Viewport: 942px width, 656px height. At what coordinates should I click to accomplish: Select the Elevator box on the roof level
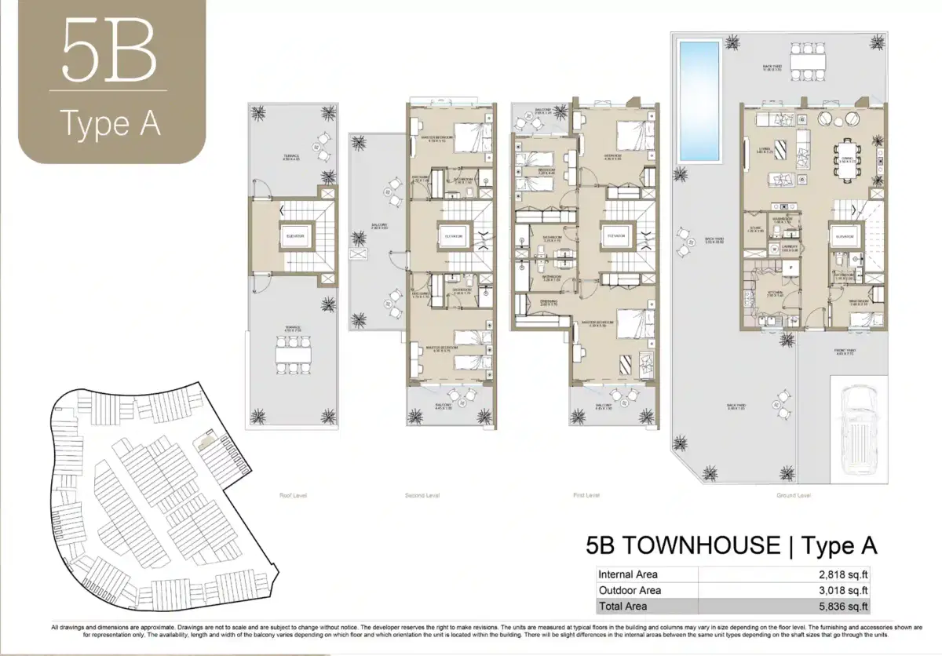pos(294,236)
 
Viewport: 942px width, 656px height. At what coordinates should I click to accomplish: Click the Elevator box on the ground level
pos(845,236)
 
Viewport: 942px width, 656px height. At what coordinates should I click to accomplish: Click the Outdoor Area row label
pos(630,590)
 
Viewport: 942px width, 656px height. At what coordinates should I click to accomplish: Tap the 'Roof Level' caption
pos(293,495)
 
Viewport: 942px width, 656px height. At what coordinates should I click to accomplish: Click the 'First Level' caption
pos(586,495)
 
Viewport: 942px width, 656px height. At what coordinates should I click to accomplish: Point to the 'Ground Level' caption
pos(794,495)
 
